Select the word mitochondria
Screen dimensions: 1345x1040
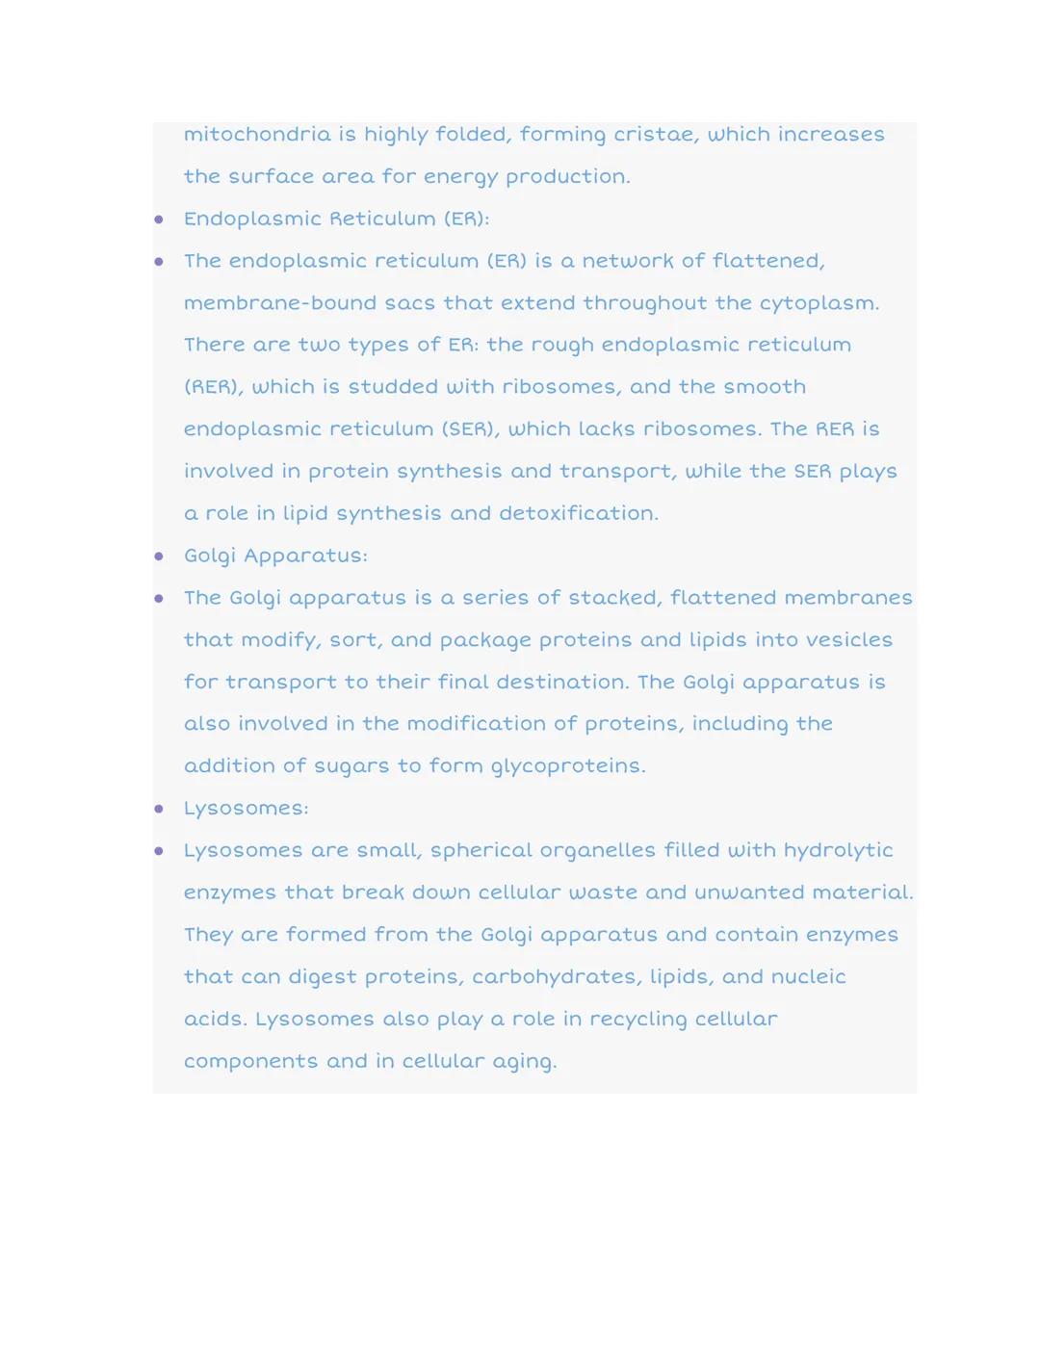[x=257, y=135]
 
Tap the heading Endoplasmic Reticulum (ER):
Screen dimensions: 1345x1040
[x=336, y=220]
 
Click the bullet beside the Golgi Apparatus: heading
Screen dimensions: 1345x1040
[x=159, y=556]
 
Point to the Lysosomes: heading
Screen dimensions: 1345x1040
[x=246, y=809]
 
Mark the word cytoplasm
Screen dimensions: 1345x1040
[x=819, y=304]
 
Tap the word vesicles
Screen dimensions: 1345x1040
[x=849, y=640]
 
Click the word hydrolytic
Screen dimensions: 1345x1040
[x=838, y=851]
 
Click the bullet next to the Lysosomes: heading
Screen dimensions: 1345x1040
[x=159, y=810]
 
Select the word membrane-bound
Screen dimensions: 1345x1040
[x=279, y=304]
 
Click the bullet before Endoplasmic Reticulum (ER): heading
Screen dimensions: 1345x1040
[x=159, y=220]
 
